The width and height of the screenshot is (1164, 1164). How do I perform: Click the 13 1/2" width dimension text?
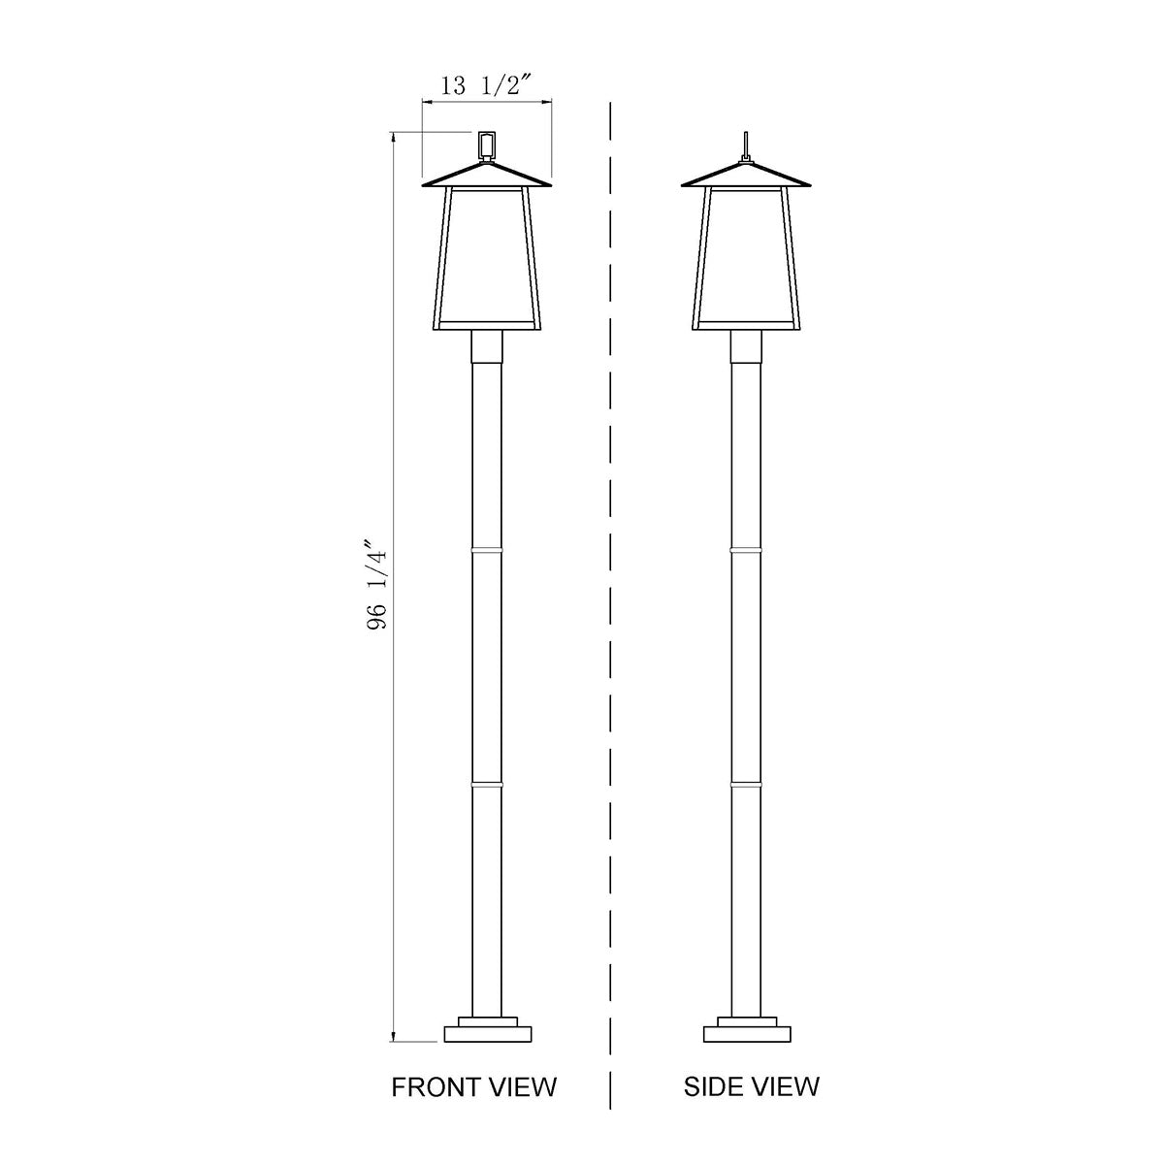pos(486,85)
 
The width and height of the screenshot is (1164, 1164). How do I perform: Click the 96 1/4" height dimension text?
pos(377,585)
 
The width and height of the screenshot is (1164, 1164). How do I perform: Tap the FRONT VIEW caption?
pos(474,1086)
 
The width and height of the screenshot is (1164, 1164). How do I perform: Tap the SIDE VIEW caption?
pos(751,1086)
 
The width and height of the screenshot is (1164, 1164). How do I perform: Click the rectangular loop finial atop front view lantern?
pos(487,144)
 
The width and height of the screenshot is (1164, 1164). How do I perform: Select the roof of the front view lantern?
pos(487,176)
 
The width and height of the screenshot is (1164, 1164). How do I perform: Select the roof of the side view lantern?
pos(745,176)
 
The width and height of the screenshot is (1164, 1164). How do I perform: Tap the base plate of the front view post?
pos(488,1033)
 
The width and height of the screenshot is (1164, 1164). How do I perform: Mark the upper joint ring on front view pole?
pos(488,550)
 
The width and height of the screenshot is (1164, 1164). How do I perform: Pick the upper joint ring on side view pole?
pos(746,550)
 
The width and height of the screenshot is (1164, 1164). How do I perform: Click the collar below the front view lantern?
pos(488,345)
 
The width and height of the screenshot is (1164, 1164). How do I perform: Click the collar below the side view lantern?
pos(746,345)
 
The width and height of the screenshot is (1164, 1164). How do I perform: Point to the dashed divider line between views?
pos(610,582)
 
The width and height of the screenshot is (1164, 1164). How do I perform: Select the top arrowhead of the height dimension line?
pos(393,138)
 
